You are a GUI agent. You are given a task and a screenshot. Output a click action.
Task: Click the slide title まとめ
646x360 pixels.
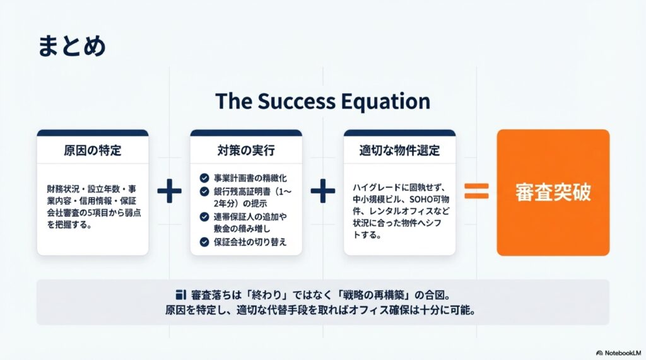[x=72, y=46]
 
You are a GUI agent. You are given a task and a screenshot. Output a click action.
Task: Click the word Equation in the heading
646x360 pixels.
[x=385, y=102]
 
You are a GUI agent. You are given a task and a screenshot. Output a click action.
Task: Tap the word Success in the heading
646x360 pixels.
[x=297, y=101]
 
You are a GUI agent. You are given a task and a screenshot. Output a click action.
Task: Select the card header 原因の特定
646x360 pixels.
[x=93, y=150]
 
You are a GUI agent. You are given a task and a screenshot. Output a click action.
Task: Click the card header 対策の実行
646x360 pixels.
[x=246, y=150]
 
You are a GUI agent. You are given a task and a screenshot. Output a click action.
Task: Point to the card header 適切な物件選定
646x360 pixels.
[x=399, y=150]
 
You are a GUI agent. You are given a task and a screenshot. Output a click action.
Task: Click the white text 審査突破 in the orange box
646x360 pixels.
[x=553, y=192]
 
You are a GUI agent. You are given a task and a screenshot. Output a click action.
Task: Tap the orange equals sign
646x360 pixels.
[x=477, y=191]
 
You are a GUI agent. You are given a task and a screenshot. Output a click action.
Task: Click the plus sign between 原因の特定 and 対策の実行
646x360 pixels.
[x=169, y=190]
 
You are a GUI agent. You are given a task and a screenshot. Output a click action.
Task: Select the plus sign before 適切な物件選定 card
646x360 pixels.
[x=323, y=190]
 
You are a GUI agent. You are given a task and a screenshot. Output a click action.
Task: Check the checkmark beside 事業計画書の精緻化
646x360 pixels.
[x=204, y=178]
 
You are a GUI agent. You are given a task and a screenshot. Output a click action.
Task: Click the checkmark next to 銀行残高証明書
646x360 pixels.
[x=204, y=192]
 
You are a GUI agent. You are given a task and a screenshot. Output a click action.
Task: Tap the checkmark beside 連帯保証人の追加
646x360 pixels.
[x=204, y=217]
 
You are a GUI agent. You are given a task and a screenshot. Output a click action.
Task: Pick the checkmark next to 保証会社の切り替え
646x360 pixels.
[x=204, y=241]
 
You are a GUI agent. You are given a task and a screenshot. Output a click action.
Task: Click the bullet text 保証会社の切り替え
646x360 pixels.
[x=250, y=241]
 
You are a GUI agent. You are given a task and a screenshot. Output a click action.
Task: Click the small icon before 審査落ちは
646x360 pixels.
[x=181, y=294]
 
